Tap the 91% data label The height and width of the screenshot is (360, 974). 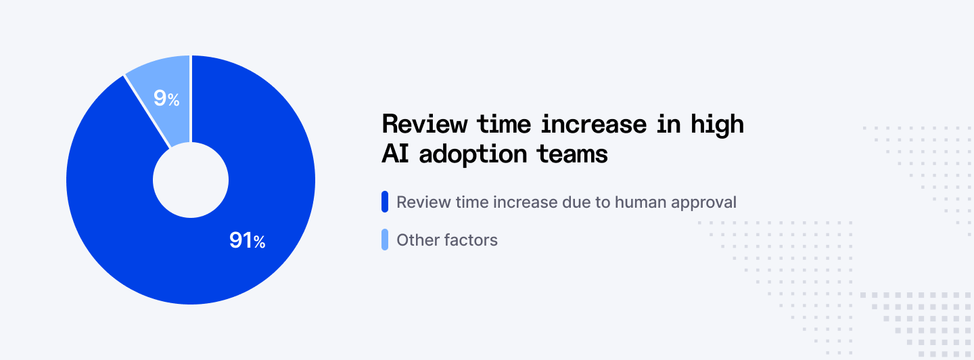(x=247, y=240)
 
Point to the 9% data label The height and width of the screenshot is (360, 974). (x=166, y=99)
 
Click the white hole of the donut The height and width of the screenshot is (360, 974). (x=191, y=180)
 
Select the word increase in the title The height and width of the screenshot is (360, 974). (x=588, y=125)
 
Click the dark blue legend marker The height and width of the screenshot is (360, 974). (x=385, y=202)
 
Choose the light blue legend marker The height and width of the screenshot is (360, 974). (x=385, y=240)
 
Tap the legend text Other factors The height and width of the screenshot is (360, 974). (x=447, y=240)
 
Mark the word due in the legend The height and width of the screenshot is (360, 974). (x=576, y=202)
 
